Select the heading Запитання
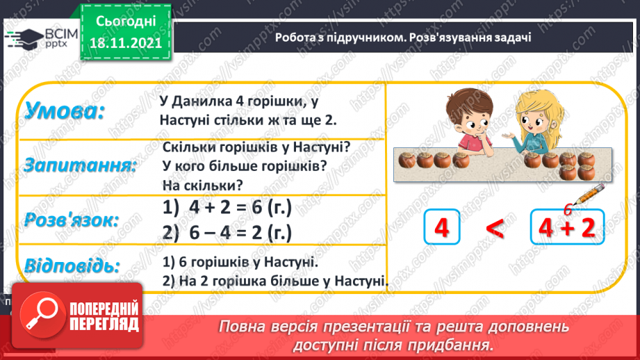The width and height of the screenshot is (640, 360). (x=79, y=166)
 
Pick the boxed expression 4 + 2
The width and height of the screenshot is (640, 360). (x=568, y=228)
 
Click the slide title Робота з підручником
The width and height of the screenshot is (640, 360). (x=333, y=38)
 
